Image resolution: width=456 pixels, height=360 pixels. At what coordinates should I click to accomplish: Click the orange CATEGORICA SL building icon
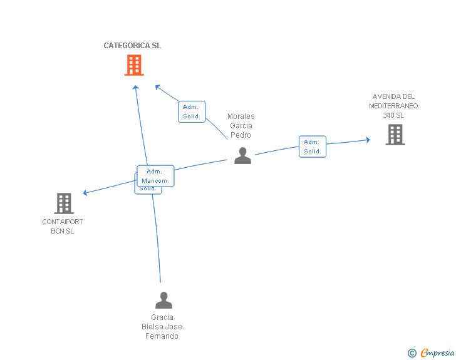134,65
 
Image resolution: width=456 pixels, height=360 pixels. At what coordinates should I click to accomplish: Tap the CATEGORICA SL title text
132,46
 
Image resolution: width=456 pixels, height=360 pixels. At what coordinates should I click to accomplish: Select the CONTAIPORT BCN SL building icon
64,203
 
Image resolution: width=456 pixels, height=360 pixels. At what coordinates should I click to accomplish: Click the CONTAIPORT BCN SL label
63,227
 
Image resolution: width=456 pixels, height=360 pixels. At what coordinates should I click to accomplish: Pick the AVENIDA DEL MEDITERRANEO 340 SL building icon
395,135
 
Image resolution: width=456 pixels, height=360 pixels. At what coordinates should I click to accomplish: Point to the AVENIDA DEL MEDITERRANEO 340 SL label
393,106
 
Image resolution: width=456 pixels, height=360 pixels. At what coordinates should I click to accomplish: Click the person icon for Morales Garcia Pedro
242,156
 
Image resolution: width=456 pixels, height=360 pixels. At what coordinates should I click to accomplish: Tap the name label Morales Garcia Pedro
241,126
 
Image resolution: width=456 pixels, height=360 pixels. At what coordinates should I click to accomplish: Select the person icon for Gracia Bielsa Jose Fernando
163,301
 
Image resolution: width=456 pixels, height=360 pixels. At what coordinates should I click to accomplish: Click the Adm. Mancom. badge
155,176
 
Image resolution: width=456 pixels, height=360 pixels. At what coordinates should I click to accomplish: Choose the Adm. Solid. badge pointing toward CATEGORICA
192,111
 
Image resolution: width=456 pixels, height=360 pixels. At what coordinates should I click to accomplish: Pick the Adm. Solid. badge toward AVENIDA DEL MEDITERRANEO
313,147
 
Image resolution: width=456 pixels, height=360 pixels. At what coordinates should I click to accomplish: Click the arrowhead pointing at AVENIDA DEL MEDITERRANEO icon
368,140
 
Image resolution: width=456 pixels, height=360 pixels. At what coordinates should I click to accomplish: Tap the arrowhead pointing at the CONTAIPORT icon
86,193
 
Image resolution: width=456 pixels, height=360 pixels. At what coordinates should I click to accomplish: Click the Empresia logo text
437,353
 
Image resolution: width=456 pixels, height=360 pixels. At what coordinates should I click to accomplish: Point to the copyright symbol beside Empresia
412,354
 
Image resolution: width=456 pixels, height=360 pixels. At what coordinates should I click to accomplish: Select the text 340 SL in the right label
393,115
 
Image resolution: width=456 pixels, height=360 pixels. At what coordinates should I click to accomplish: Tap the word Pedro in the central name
241,135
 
